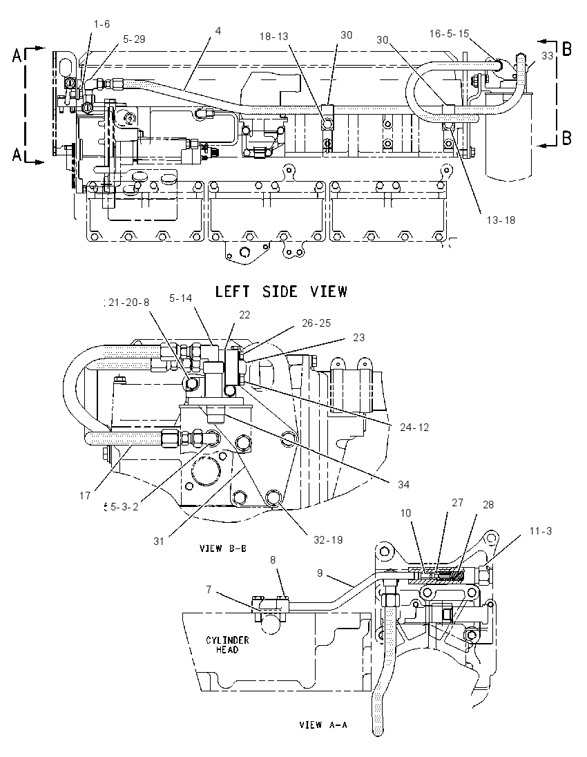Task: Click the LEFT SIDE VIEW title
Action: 281,291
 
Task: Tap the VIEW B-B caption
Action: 223,548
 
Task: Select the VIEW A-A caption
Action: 323,725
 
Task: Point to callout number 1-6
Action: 102,23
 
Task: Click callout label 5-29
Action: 134,39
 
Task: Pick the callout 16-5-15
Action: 449,33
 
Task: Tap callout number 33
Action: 547,56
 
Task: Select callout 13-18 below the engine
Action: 501,220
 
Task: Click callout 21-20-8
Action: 128,303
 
